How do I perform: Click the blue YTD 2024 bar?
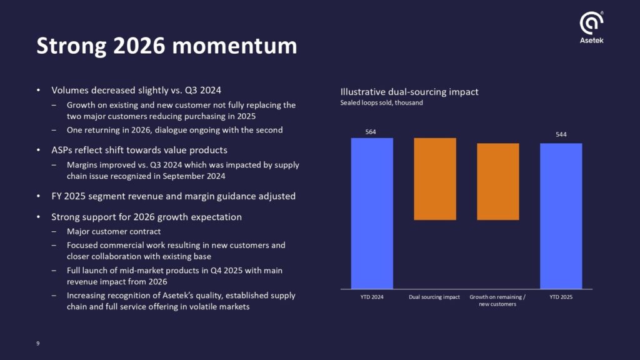pyautogui.click(x=372, y=212)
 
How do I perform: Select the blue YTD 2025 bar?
pyautogui.click(x=561, y=216)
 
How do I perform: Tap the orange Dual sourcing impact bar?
pyautogui.click(x=435, y=179)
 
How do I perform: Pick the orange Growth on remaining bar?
pyautogui.click(x=498, y=181)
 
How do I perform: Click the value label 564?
pyautogui.click(x=371, y=132)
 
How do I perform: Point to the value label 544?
pyautogui.click(x=561, y=134)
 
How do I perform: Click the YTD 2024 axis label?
pyautogui.click(x=372, y=297)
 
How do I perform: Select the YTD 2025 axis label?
pyautogui.click(x=561, y=297)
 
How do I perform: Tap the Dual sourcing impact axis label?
pyautogui.click(x=434, y=297)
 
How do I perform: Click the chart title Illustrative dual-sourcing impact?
pyautogui.click(x=409, y=92)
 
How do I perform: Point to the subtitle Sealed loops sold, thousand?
pyautogui.click(x=381, y=102)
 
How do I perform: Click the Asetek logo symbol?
pyautogui.click(x=591, y=23)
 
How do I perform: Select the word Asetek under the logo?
pyautogui.click(x=591, y=41)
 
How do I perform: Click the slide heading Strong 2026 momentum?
pyautogui.click(x=166, y=46)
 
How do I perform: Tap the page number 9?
pyautogui.click(x=38, y=342)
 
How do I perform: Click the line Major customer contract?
pyautogui.click(x=114, y=231)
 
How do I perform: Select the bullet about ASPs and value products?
pyautogui.click(x=139, y=150)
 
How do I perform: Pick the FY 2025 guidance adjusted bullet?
pyautogui.click(x=173, y=196)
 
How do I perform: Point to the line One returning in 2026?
pyautogui.click(x=175, y=130)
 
